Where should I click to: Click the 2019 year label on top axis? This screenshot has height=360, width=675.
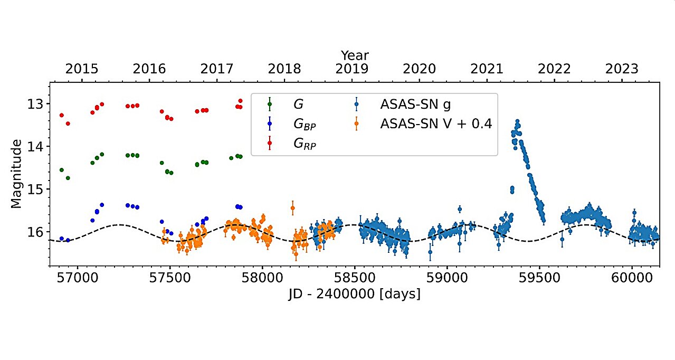[x=351, y=69]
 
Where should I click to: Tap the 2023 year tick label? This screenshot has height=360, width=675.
[x=621, y=69]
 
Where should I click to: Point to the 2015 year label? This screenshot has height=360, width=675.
[x=82, y=69]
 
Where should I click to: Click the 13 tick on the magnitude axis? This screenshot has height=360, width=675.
[x=37, y=103]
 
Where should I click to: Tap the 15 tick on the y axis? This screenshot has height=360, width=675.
[x=37, y=189]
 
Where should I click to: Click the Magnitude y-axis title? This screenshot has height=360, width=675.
[x=17, y=174]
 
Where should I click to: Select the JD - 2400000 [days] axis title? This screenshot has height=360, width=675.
[x=354, y=293]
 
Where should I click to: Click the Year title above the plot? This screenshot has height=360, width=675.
[x=355, y=55]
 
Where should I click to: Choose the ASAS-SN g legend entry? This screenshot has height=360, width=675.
[x=415, y=103]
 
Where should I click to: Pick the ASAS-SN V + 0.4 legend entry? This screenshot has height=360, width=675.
[x=436, y=124]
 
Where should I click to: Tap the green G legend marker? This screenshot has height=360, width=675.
[x=270, y=104]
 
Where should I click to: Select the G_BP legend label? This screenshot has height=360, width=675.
[x=305, y=125]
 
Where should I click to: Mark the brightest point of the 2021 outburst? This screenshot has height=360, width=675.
[x=517, y=121]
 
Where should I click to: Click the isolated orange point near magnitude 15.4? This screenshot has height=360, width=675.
[x=292, y=208]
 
